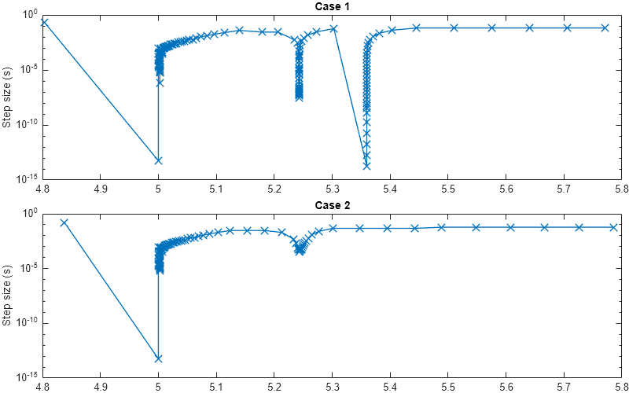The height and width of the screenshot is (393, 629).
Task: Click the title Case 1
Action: (332, 7)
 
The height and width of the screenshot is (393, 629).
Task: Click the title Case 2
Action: (332, 205)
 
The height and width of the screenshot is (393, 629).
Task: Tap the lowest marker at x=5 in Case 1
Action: (158, 160)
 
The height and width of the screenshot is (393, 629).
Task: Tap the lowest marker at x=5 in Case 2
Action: (158, 358)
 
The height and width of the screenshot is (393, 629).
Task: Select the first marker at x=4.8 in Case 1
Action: (44, 22)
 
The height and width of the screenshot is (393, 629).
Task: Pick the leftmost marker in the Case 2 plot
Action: (64, 222)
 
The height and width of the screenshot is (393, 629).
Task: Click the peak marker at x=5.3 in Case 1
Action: (333, 28)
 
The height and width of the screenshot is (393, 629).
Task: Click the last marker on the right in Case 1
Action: (605, 28)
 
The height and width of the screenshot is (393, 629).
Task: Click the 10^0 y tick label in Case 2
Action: (28, 214)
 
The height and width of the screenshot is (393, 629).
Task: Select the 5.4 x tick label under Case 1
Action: (390, 189)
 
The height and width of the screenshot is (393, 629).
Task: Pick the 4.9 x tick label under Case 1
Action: (100, 189)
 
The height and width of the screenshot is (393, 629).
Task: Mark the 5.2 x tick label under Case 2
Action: (274, 387)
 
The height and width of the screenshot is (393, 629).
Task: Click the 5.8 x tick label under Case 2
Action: (621, 387)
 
